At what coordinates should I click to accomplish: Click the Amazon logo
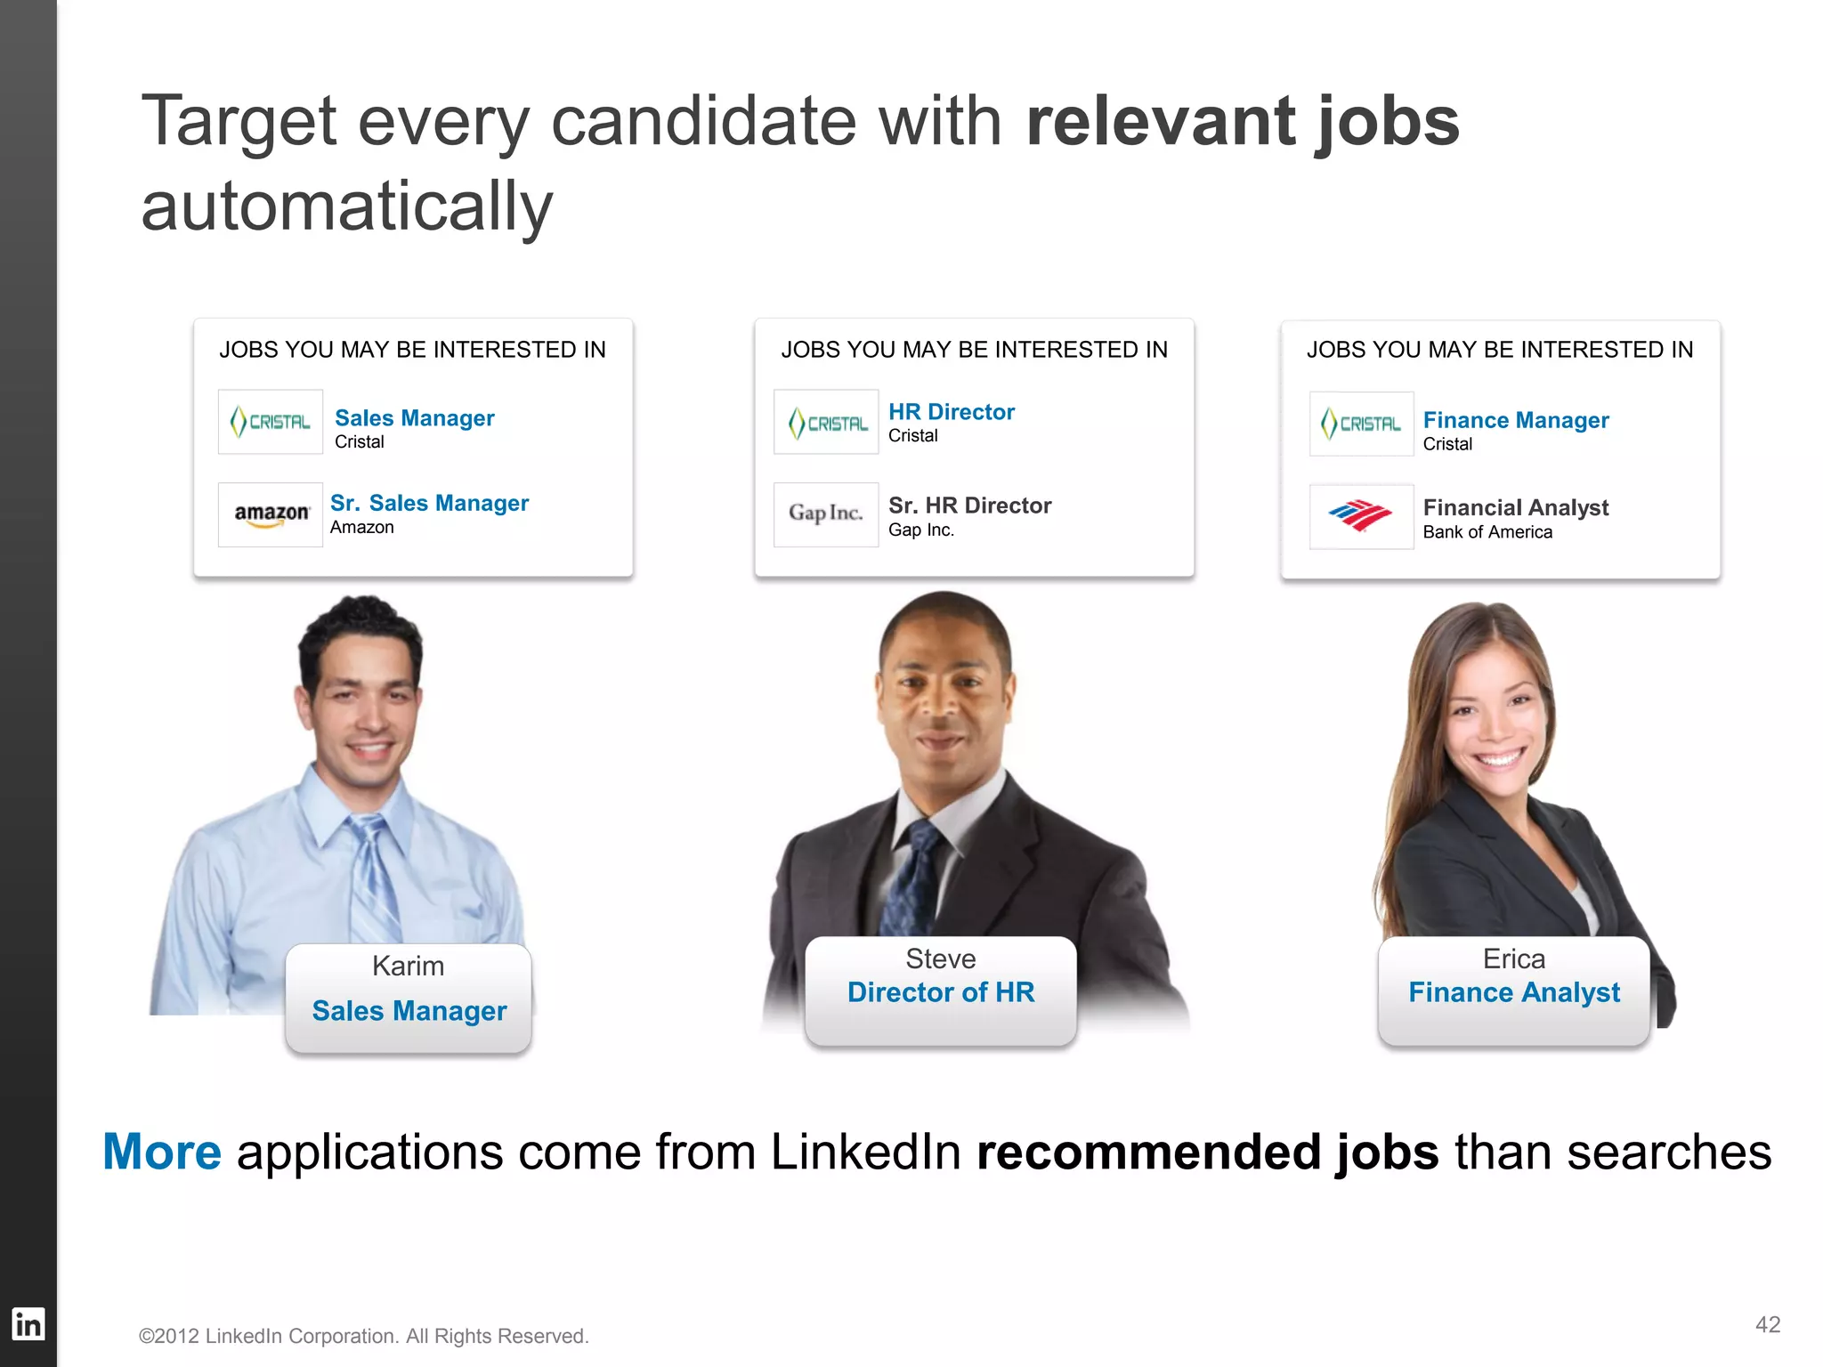pyautogui.click(x=271, y=514)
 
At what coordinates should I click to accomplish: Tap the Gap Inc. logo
pyautogui.click(x=826, y=514)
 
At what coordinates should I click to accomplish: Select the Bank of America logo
pyautogui.click(x=1361, y=515)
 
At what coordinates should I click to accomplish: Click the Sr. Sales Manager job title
pyautogui.click(x=429, y=503)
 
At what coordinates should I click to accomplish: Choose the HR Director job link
pyautogui.click(x=951, y=412)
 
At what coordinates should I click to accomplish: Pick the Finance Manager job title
pyautogui.click(x=1515, y=420)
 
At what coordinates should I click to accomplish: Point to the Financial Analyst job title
pyautogui.click(x=1515, y=507)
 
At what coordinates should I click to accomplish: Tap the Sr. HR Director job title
pyautogui.click(x=969, y=506)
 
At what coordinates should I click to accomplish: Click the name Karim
pyautogui.click(x=408, y=966)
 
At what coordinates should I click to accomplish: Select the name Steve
pyautogui.click(x=940, y=959)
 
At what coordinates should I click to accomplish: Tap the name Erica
pyautogui.click(x=1513, y=959)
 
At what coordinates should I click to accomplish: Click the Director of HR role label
pyautogui.click(x=940, y=992)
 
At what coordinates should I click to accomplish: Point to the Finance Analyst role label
pyautogui.click(x=1513, y=992)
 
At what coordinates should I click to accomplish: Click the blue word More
pyautogui.click(x=162, y=1152)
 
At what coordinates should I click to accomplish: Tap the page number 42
pyautogui.click(x=1767, y=1324)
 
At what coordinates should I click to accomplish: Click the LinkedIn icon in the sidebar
pyautogui.click(x=28, y=1324)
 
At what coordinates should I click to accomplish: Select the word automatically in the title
pyautogui.click(x=346, y=206)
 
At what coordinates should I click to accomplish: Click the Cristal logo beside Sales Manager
pyautogui.click(x=271, y=422)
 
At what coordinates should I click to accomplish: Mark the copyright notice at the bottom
pyautogui.click(x=363, y=1336)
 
